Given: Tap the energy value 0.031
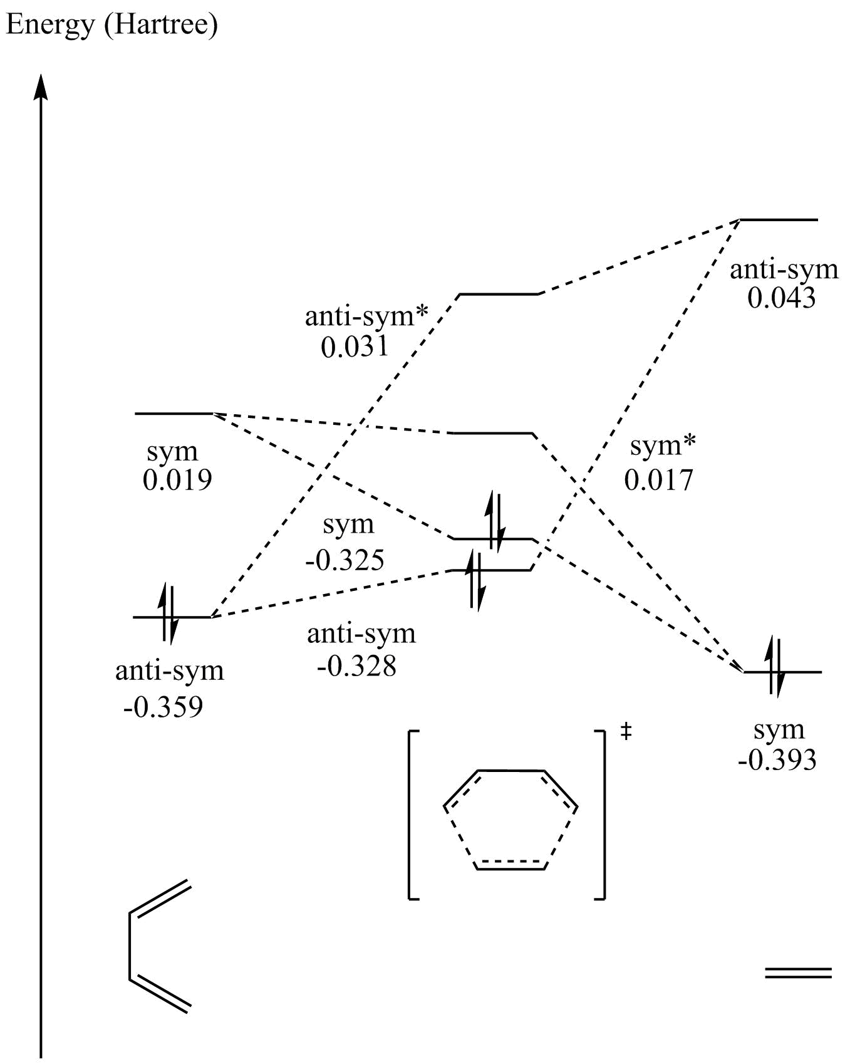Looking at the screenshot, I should tap(355, 347).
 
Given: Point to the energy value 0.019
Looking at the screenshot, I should tap(177, 480).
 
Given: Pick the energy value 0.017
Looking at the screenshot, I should tap(659, 480).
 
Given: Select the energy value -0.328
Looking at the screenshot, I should tap(356, 666).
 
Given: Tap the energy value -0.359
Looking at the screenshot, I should tap(163, 707).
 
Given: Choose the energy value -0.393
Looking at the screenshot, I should tap(777, 760).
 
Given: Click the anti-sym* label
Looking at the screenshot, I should tap(366, 316).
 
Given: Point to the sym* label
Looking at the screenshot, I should tap(663, 446).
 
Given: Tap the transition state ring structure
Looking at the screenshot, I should tap(510, 820).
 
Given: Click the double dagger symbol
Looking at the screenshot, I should tap(625, 732).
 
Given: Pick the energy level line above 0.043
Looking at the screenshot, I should tap(779, 220).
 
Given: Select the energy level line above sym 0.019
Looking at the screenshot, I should tap(174, 414).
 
